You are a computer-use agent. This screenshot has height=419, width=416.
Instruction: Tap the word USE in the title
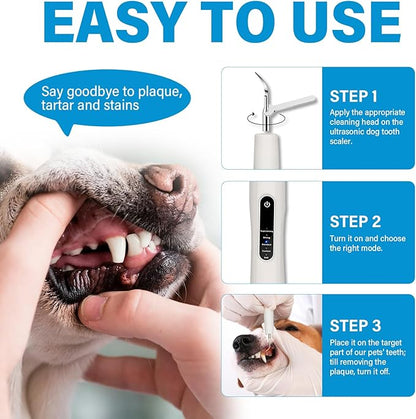349,21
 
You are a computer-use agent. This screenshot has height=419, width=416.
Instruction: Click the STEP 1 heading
353,96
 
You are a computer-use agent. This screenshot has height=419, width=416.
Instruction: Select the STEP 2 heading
355,222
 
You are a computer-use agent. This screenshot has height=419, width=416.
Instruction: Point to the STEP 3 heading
355,326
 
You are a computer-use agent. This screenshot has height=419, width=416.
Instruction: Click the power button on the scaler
267,203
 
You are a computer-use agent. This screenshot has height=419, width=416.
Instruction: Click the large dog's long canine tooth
119,248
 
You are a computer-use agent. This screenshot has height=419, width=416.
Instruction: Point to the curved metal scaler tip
262,82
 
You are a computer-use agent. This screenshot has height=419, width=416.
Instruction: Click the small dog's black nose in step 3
243,343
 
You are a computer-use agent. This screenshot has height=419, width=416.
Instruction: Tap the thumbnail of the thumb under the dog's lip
94,307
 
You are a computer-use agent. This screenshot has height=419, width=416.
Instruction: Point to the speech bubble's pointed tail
68,133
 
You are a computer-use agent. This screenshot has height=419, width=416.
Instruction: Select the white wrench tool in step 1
292,103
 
